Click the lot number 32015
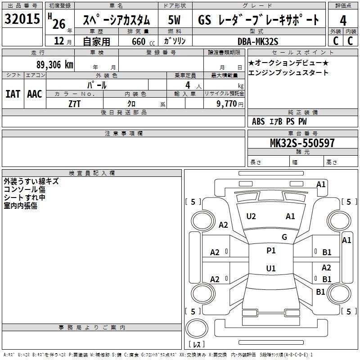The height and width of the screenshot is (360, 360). [22, 19]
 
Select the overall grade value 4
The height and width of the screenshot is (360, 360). [343, 21]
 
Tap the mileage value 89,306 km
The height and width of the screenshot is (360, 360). [54, 65]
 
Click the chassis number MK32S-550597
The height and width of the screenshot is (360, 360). [302, 143]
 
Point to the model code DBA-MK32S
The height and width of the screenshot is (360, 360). [258, 41]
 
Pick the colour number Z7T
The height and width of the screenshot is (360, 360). [74, 104]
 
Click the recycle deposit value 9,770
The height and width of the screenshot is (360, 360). [226, 104]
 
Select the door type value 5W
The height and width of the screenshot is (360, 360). [174, 20]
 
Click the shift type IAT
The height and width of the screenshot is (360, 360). [13, 94]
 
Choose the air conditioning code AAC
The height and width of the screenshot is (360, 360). [35, 94]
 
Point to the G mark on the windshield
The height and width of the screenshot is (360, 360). [284, 237]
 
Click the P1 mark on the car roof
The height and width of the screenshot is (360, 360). [271, 251]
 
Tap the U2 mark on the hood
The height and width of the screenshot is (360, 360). [251, 216]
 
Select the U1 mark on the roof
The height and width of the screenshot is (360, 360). [271, 268]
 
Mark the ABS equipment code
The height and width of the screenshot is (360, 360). [258, 121]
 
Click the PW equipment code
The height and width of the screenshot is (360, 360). [302, 121]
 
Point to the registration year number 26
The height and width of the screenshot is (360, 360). [59, 24]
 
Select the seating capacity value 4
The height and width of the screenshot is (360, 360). [188, 85]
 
